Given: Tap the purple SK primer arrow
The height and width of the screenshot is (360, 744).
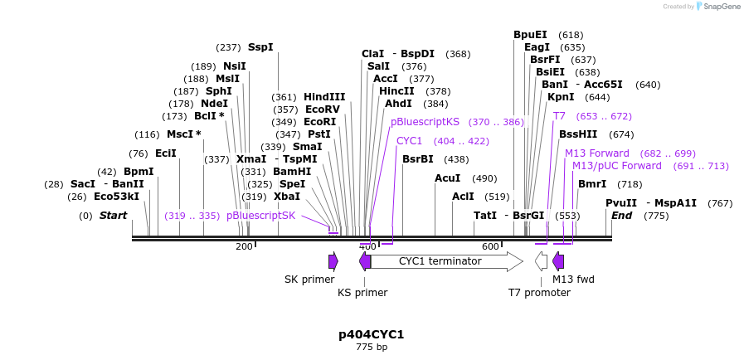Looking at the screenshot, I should [333, 262].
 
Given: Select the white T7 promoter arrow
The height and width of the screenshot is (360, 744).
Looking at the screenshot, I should [541, 262].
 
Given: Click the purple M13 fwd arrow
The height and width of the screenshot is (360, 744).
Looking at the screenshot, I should [558, 262].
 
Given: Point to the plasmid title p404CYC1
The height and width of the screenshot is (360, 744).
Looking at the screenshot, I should [371, 334].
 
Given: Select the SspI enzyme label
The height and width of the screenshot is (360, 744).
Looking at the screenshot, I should [260, 47].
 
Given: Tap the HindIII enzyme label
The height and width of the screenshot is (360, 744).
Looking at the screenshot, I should [324, 96].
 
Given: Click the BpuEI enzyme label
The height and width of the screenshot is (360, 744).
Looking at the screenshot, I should [530, 35].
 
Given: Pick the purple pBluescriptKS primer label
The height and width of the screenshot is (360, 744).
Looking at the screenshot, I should [425, 121].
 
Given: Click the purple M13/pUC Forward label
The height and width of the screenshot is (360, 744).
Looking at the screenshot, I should [617, 166].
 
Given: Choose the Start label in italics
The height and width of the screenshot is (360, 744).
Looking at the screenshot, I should [113, 216].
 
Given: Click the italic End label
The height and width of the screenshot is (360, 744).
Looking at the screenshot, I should [621, 216].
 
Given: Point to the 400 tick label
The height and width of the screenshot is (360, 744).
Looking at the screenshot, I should [367, 246].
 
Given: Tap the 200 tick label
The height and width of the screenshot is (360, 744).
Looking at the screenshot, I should [244, 246].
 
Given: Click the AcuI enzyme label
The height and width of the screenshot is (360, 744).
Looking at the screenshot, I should [448, 178].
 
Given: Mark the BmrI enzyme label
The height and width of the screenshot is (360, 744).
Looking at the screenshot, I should [592, 184].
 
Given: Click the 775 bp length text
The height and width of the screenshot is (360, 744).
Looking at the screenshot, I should [371, 347].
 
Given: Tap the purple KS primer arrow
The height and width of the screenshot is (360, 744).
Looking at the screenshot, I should [364, 262].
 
